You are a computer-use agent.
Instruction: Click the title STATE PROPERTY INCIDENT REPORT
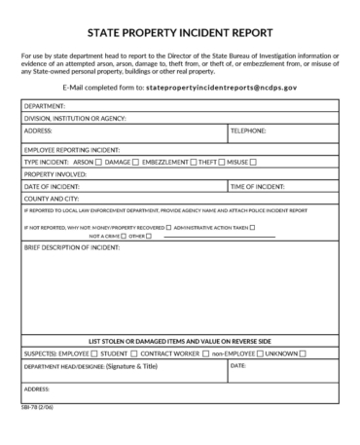click(x=180, y=32)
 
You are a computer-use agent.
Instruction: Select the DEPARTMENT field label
click(x=45, y=105)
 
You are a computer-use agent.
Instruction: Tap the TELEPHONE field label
click(x=250, y=129)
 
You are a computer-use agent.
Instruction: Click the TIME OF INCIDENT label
click(x=261, y=185)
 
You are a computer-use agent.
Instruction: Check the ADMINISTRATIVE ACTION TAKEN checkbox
click(x=253, y=227)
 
